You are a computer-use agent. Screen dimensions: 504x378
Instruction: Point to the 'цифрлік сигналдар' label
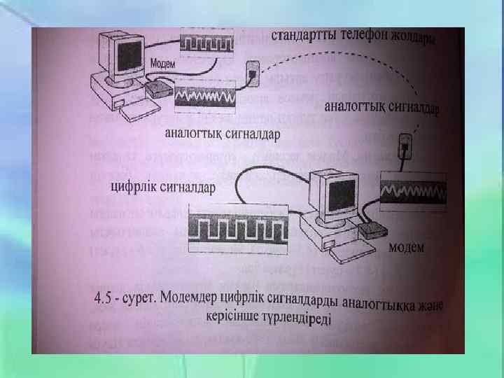(x=163, y=187)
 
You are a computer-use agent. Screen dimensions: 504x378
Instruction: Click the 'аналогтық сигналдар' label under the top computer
(x=222, y=132)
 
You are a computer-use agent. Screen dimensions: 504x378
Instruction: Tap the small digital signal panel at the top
(x=206, y=43)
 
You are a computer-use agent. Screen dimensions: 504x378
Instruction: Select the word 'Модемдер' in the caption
(x=203, y=298)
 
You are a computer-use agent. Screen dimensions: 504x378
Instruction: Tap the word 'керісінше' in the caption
(x=234, y=317)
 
